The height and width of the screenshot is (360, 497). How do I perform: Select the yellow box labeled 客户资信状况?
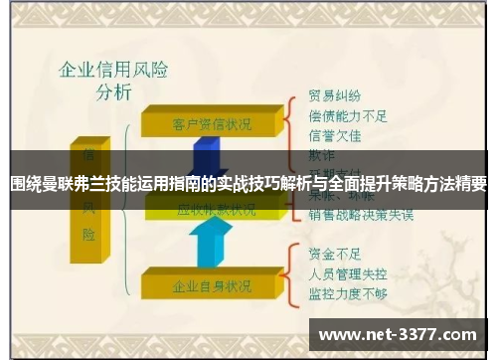211,123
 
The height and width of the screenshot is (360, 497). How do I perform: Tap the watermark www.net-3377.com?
397,335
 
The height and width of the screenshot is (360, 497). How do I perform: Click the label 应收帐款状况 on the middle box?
215,210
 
